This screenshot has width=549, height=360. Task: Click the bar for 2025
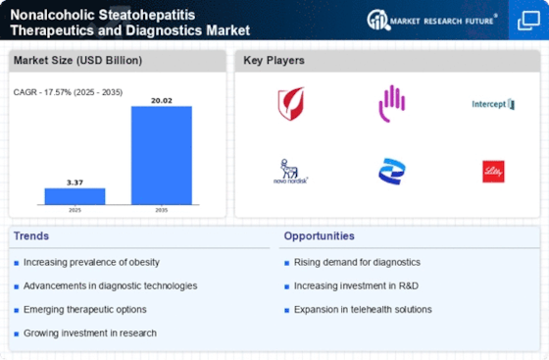[x=75, y=195]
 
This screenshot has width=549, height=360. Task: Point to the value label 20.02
[x=162, y=98]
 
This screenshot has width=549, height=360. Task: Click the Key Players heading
[x=274, y=61]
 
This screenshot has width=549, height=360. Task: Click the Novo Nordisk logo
[x=292, y=171]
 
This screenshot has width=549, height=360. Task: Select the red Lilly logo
[x=492, y=171]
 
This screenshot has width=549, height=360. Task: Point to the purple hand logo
[x=392, y=101]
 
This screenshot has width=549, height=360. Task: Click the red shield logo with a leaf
[x=291, y=101]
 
